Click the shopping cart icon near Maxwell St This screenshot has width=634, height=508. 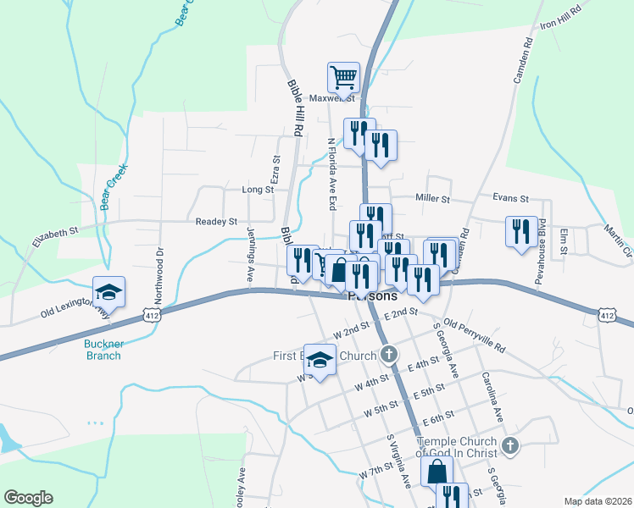pos(344,77)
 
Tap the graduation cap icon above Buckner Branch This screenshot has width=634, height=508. pos(109,293)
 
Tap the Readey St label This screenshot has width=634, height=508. pos(216,222)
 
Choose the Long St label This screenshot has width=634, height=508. pos(258,190)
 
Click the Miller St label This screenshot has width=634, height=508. pos(432,198)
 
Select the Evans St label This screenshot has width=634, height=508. pos(510,198)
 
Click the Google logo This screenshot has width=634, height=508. pos(28,498)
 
